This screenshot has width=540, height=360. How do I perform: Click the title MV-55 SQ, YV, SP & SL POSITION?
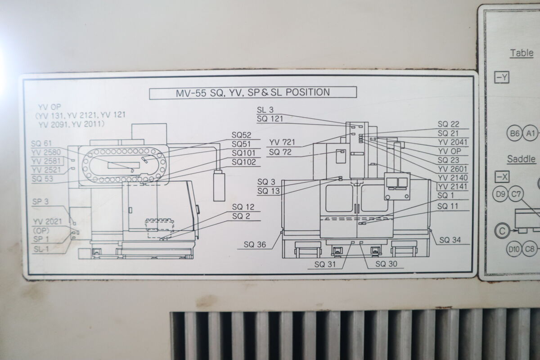coord(253,93)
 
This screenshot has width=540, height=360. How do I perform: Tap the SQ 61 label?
coord(42,144)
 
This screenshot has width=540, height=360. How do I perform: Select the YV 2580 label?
coord(47,152)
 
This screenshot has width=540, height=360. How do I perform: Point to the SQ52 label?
coord(241,135)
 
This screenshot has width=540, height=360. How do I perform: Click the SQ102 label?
coord(243,162)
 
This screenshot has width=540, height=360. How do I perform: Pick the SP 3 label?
coord(40,202)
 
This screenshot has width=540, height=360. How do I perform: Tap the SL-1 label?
coord(41,248)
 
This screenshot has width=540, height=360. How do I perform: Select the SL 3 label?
coord(265,110)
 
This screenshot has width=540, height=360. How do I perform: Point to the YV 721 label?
coord(282,143)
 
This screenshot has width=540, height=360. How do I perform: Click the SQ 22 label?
coord(448,124)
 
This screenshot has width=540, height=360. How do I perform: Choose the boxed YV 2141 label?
coord(452,187)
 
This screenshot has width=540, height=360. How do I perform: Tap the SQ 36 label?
coord(255,245)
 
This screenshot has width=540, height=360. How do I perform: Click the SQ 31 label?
coord(325,264)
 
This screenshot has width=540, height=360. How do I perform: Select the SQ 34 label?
coord(450,240)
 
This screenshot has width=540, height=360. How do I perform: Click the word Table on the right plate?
coord(522,53)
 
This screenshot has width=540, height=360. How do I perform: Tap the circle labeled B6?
coord(514,133)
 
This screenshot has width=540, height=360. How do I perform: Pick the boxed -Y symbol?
coord(502,77)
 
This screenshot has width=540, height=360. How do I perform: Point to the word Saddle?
coord(521,159)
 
